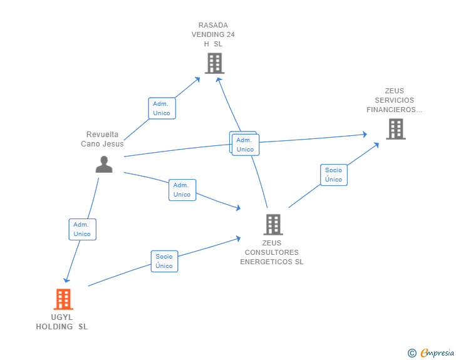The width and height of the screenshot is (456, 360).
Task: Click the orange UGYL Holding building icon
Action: pos(63,299)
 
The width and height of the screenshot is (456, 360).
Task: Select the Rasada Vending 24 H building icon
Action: pos(214,63)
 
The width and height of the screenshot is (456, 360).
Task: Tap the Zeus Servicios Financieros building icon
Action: pos(395,129)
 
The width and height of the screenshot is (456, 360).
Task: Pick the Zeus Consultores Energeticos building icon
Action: pos(272,224)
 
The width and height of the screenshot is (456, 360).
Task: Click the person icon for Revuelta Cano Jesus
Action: pos(104,163)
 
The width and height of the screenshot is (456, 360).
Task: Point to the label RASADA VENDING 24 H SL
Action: pos(213,35)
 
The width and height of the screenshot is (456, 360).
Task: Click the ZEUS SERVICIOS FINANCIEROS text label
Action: pos(395,100)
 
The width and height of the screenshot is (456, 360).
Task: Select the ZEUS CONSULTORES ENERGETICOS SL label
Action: pos(272,252)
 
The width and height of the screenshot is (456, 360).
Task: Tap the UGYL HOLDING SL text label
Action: pos(62,322)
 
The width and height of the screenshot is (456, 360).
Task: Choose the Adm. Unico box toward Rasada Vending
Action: pos(162,108)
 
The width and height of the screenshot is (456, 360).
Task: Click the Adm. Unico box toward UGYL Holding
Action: pos(82,229)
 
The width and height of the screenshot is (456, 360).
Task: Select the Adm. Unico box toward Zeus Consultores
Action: pos(182,190)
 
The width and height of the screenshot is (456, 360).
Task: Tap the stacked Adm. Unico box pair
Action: pos(244,144)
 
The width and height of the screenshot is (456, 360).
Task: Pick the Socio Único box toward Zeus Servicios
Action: pos(334,175)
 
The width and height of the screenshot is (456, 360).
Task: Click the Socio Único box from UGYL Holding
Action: pos(164,261)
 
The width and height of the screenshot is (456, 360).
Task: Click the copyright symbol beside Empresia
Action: pos(412,353)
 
